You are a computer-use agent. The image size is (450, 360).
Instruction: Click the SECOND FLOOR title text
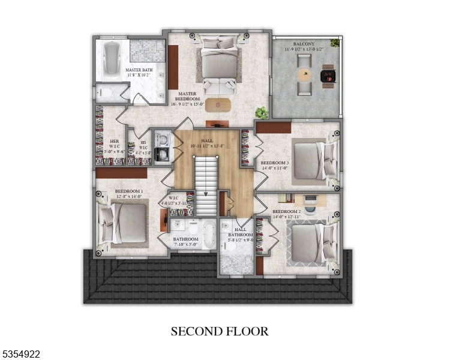(220, 331)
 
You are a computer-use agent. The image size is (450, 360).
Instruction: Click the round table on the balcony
(306, 76)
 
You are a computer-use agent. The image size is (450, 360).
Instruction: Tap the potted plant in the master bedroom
(261, 112)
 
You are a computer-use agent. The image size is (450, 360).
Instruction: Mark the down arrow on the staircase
(206, 194)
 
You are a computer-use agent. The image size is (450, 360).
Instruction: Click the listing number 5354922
(21, 355)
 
